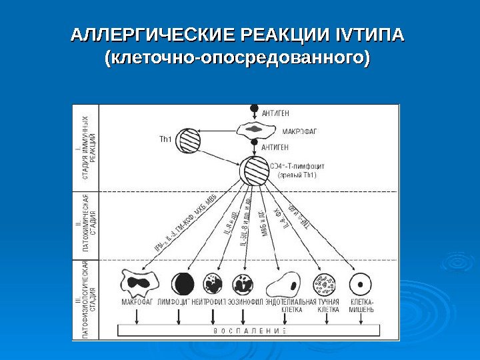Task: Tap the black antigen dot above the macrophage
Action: (x=253, y=108)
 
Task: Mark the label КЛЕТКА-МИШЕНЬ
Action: (x=362, y=305)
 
